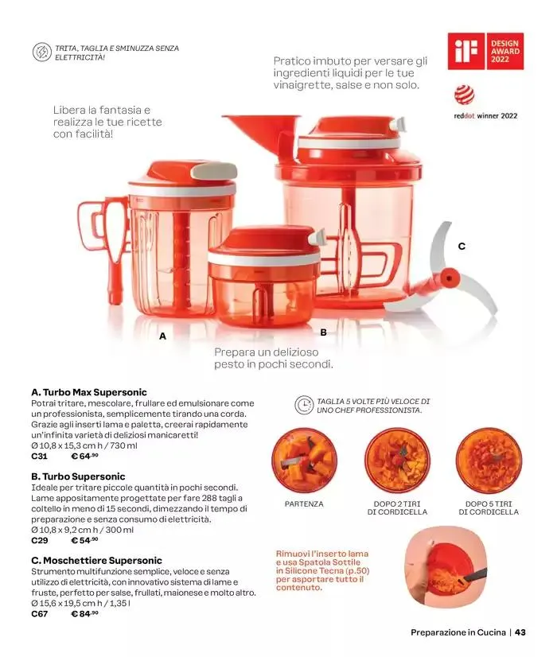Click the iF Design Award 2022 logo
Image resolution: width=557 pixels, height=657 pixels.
point(485,51)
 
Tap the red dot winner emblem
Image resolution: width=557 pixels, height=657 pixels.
point(465,95)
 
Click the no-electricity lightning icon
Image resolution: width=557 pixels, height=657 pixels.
point(41,52)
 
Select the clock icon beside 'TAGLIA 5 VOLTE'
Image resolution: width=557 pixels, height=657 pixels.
point(304,406)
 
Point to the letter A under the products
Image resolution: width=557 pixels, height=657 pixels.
point(162,336)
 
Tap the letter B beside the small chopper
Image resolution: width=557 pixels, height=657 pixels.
point(323,332)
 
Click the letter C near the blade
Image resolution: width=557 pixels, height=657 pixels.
point(462,246)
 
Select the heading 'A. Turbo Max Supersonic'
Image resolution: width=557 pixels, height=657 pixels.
point(89,392)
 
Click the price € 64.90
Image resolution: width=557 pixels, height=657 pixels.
point(84,456)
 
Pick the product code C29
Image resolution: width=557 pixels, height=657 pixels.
point(40,541)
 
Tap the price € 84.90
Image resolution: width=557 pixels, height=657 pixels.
point(84,614)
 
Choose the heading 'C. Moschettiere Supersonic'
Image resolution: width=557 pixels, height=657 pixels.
point(96,561)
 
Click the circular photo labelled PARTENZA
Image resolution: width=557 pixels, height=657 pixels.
point(304,461)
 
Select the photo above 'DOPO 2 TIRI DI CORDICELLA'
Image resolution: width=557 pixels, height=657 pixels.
point(397,461)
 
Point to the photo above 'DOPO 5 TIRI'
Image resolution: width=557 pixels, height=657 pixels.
point(489,461)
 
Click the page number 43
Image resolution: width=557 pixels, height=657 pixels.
point(520,632)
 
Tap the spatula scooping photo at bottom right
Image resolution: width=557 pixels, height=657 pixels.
point(446,566)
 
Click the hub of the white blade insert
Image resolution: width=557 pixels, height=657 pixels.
point(449,278)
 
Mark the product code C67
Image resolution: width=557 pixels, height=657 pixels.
point(40,614)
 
